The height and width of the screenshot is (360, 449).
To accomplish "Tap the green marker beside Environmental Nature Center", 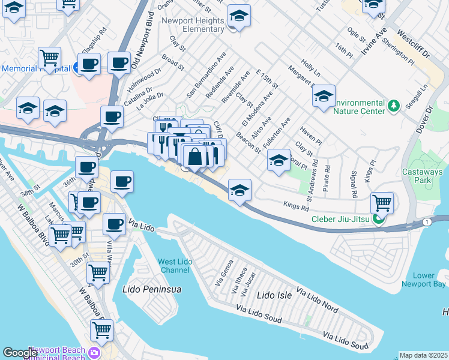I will click(394, 106).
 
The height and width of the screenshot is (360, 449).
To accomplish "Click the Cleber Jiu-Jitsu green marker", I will click(379, 218).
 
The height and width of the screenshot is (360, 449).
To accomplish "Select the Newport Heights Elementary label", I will click(194, 24).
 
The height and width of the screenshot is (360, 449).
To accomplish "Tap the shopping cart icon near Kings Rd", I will click(382, 203).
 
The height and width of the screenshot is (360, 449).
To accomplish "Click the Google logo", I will click(20, 353).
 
